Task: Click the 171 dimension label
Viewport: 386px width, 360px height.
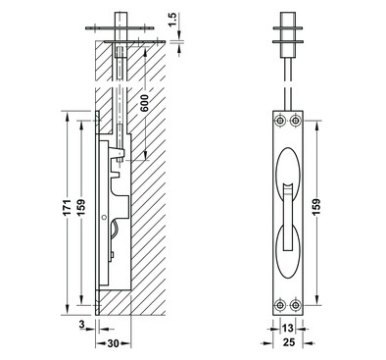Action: click(67, 207)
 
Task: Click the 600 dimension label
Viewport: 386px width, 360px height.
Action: click(144, 103)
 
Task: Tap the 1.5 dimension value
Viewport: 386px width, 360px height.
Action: click(173, 20)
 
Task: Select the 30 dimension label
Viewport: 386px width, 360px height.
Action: click(113, 343)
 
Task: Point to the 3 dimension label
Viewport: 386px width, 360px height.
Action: click(82, 325)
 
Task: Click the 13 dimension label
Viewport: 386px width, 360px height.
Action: click(288, 328)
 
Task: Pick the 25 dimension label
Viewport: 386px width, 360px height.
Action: click(288, 342)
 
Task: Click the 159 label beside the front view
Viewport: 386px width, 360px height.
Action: click(316, 207)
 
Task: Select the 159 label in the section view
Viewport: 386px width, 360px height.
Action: click(81, 207)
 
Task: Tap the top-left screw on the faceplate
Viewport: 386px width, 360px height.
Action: click(279, 121)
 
